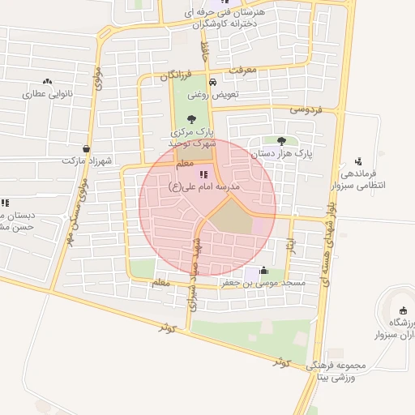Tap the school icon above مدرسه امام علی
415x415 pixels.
[x=203, y=173]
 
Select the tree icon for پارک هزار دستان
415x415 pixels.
[x=281, y=141]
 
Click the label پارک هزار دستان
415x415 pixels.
[x=281, y=152]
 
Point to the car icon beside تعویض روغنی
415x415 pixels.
[x=212, y=82]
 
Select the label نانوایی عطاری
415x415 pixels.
[x=47, y=93]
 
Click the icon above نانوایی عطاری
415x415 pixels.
[x=47, y=82]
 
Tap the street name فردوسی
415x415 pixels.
[x=306, y=109]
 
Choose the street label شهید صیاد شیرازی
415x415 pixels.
[x=194, y=272]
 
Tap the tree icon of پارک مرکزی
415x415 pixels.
[x=191, y=118]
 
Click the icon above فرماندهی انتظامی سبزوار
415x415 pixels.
[x=358, y=161]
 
